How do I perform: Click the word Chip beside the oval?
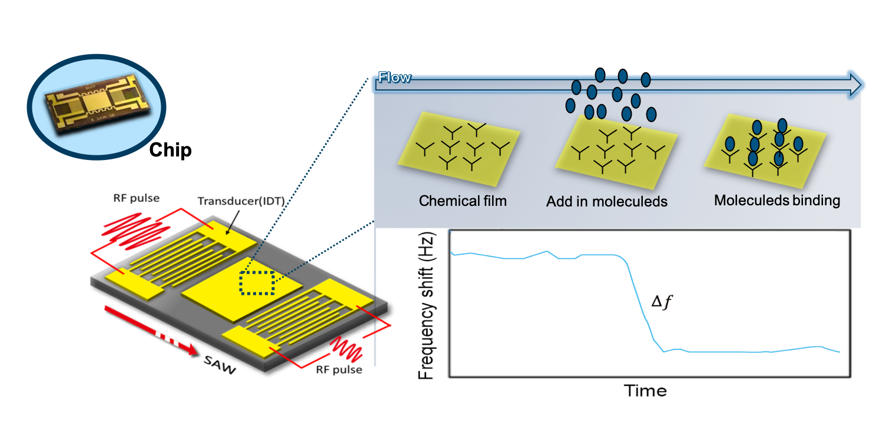[170, 151]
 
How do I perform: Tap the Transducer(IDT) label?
[241, 201]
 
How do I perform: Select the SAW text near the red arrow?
[220, 365]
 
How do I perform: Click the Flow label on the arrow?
[394, 77]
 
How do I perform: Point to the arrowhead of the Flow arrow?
[855, 84]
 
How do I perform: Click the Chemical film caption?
[463, 201]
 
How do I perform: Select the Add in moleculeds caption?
[607, 201]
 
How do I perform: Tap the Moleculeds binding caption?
[777, 200]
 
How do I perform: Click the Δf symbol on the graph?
[662, 302]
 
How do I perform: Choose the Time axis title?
[645, 391]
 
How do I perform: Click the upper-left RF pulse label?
[137, 198]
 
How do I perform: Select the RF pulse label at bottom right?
[339, 369]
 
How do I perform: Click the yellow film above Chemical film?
[459, 149]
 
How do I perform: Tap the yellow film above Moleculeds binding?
[765, 151]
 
